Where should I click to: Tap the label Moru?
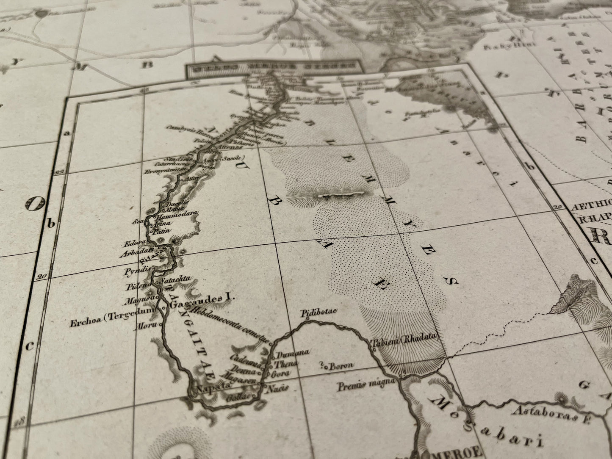(144, 326)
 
